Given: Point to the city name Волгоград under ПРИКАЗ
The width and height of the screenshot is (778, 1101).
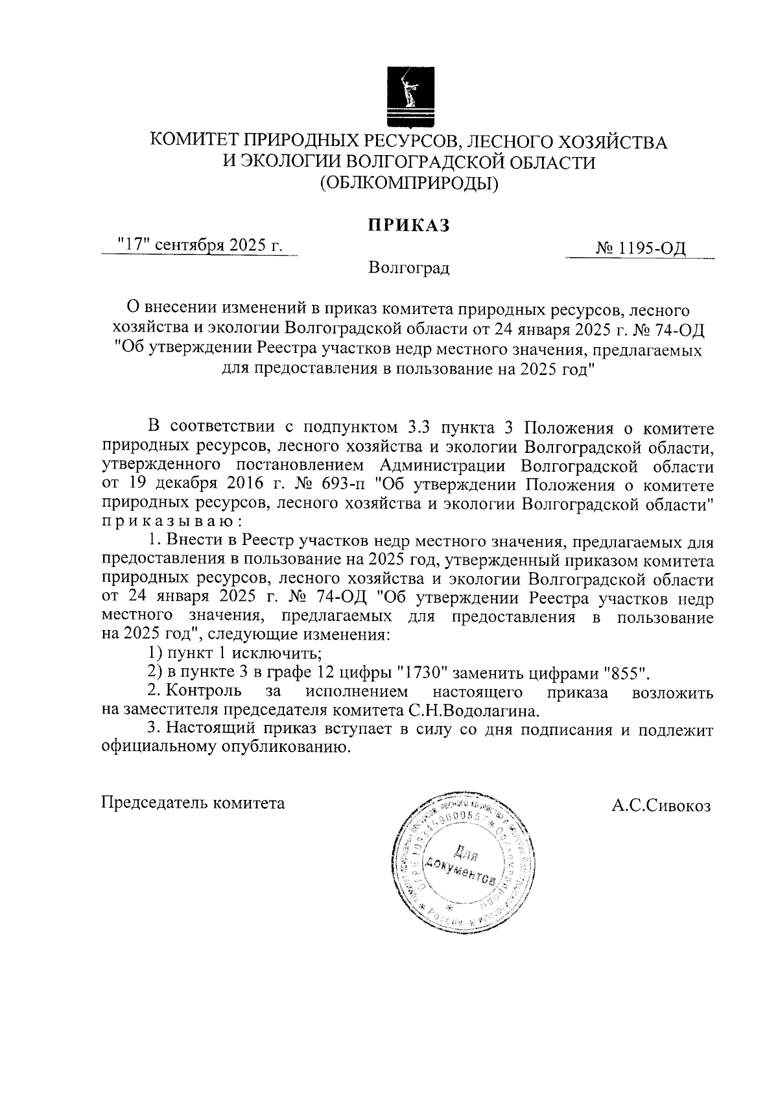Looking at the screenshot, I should coord(408,267).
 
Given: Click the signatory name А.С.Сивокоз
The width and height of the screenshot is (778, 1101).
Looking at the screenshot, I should coord(661,806).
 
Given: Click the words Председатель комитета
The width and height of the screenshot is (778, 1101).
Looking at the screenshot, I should coord(194,803).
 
